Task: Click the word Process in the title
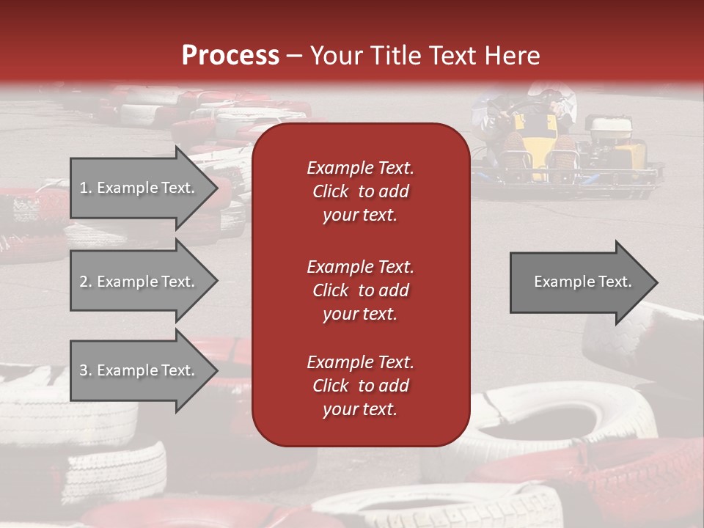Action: click(x=230, y=55)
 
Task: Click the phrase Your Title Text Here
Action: click(x=425, y=55)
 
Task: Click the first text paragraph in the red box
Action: click(x=360, y=191)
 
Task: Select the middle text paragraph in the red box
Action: click(x=360, y=290)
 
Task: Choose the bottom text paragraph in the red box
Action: click(x=360, y=386)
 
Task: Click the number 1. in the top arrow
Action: click(x=86, y=188)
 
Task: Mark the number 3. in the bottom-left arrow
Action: click(x=86, y=370)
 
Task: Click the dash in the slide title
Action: click(x=294, y=56)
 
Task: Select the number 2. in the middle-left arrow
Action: click(x=86, y=282)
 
